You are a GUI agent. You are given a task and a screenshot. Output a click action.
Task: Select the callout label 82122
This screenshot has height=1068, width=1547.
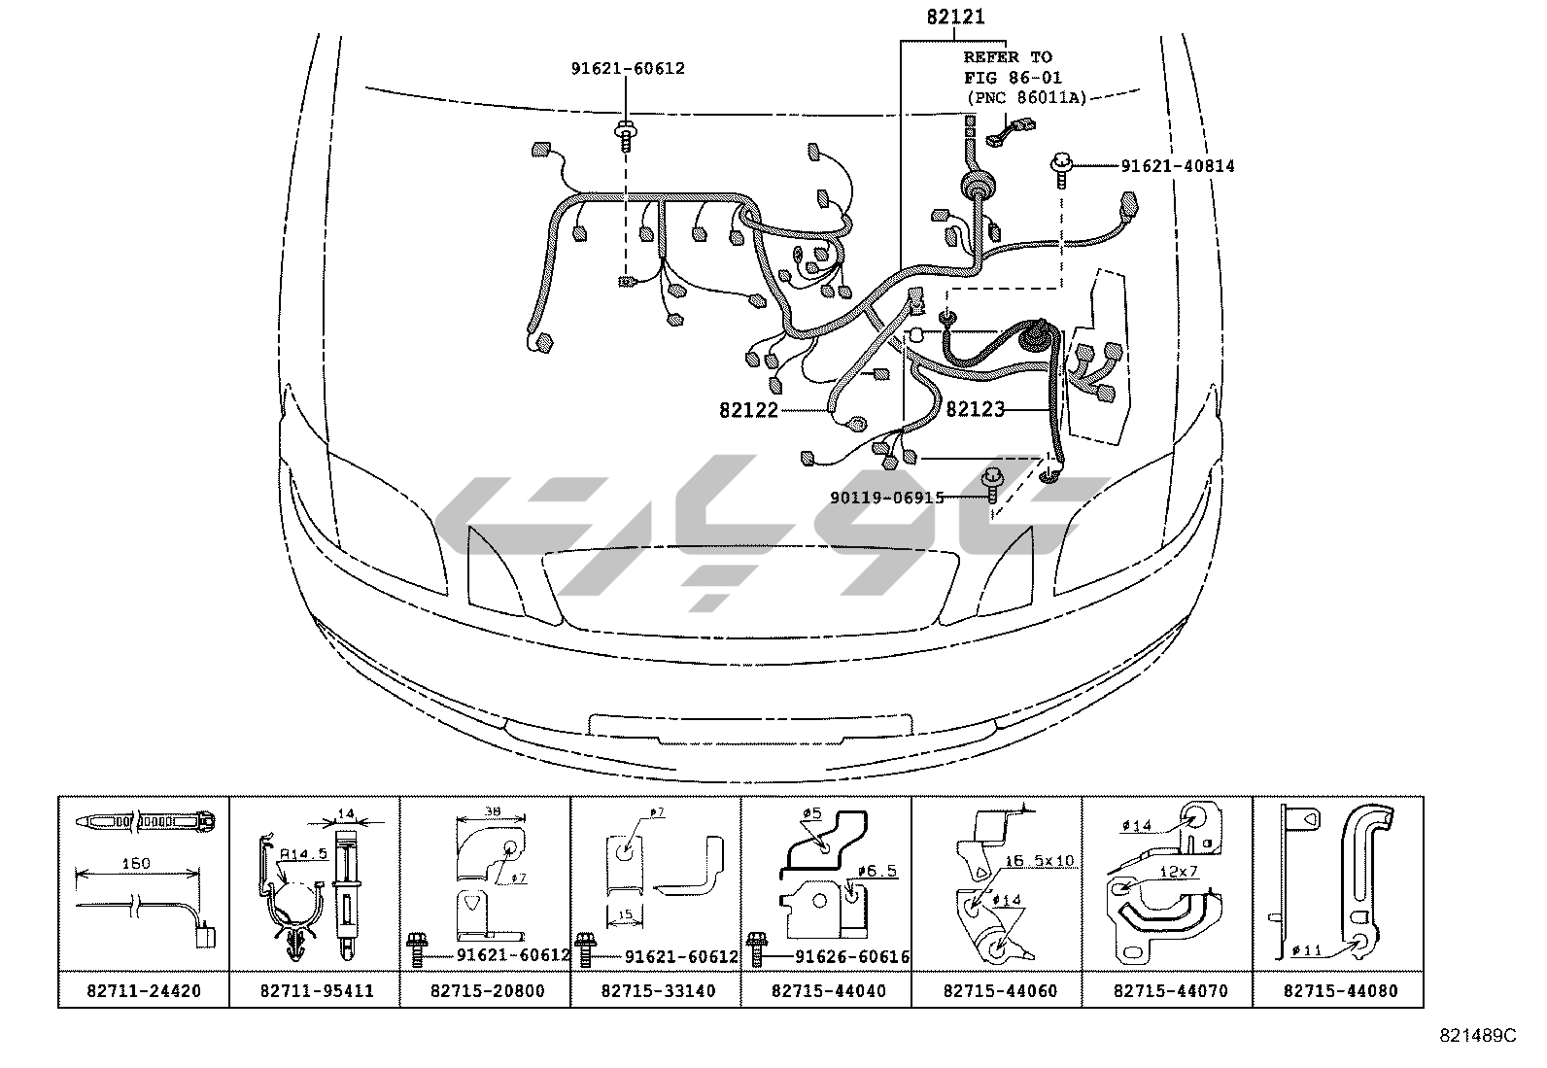tap(749, 410)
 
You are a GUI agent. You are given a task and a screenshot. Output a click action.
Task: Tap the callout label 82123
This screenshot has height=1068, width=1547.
tap(975, 410)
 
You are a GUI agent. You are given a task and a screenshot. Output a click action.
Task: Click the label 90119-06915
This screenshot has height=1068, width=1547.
tap(887, 498)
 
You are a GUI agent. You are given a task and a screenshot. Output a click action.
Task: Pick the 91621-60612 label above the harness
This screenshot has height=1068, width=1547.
tap(627, 68)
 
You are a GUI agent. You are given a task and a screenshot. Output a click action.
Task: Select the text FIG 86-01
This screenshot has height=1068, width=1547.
tap(1013, 77)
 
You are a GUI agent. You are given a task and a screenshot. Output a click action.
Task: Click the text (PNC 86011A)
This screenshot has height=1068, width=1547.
tap(1025, 97)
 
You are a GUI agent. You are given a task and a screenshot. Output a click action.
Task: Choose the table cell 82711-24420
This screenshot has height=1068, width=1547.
tap(144, 991)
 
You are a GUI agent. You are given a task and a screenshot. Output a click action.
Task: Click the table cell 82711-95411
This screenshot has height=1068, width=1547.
tap(315, 991)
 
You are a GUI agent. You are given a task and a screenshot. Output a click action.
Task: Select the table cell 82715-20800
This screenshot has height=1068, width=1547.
tap(486, 991)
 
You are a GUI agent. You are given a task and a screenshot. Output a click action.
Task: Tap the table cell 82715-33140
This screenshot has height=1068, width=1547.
tap(657, 991)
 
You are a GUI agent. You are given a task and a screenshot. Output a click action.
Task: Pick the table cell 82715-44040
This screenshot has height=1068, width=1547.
tap(827, 991)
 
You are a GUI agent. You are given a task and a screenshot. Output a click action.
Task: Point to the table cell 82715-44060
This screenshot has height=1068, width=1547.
tap(998, 991)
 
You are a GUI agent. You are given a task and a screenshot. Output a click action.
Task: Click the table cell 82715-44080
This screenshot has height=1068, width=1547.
tap(1339, 991)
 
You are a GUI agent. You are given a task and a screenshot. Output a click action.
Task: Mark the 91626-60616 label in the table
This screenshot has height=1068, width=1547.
tap(852, 956)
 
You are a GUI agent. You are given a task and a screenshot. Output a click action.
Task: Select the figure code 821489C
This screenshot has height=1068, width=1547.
tap(1477, 1036)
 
